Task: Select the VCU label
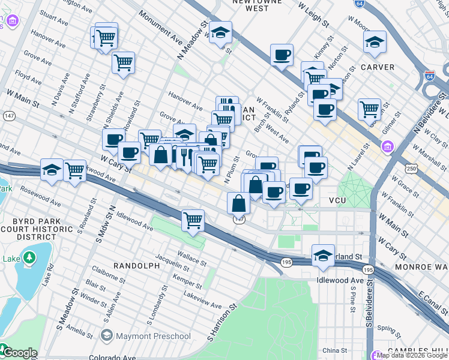coord(339,200)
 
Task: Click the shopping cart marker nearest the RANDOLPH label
coord(193,220)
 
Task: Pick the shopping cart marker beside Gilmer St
coord(369,109)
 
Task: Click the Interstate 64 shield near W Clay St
coord(429,76)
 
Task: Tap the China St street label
coord(334,350)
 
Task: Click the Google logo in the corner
coord(19,353)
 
